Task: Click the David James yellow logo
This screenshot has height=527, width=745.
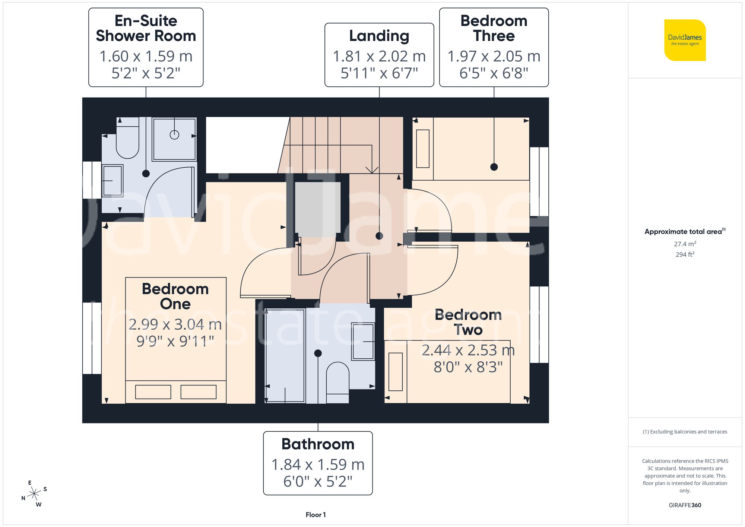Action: point(685,40)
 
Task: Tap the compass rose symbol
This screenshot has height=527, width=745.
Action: point(34,494)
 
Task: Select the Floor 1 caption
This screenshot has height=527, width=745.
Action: point(316,515)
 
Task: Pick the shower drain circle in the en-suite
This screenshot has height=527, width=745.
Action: point(174,135)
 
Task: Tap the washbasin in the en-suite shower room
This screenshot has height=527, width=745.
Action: point(112,181)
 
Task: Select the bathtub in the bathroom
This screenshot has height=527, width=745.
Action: point(285,356)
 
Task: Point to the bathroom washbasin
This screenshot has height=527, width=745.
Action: point(363,342)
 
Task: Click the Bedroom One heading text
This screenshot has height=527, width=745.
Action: point(175,296)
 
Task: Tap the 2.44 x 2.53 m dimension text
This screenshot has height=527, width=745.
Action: point(468,350)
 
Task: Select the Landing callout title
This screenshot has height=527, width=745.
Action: point(379,36)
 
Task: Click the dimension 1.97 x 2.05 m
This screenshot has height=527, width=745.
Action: point(494,57)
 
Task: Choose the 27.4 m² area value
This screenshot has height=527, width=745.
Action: point(685,244)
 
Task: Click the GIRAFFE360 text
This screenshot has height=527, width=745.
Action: point(685,505)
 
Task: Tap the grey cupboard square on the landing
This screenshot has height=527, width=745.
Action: point(318,207)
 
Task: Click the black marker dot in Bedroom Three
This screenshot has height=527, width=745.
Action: point(494,167)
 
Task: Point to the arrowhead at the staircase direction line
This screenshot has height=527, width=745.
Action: point(372,170)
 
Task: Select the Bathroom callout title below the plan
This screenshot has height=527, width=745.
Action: point(318,444)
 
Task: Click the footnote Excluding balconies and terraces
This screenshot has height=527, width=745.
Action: point(685,432)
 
